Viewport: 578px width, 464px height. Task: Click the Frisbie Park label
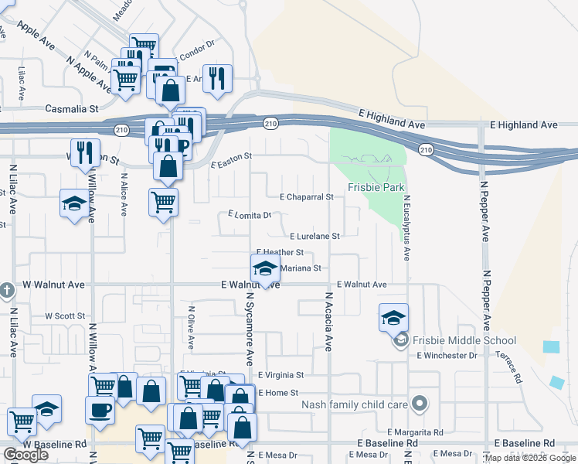point(376,187)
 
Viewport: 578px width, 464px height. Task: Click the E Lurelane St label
point(315,237)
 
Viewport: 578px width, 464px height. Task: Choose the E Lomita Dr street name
point(250,215)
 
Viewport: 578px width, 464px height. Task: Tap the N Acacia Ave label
point(328,322)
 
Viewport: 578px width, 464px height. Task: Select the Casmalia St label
point(72,110)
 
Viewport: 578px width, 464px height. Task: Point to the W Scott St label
point(65,316)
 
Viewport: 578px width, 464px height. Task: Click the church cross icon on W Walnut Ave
point(7,291)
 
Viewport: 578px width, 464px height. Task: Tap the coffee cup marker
point(99,409)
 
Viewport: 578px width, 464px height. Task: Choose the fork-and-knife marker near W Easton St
point(84,152)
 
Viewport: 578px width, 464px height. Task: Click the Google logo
point(25,455)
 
